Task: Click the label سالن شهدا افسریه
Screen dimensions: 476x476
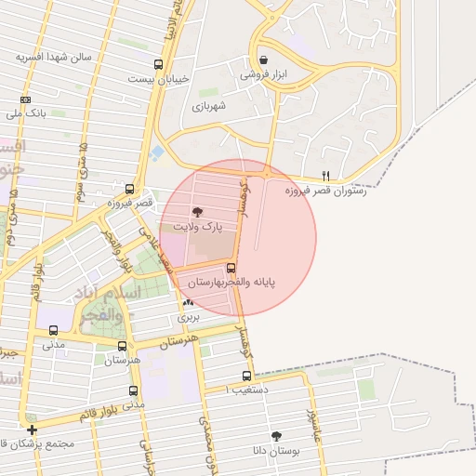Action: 54,57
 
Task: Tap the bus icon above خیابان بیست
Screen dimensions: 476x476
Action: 158,65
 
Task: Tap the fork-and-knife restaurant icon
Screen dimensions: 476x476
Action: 324,175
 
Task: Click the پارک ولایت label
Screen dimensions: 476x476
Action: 194,226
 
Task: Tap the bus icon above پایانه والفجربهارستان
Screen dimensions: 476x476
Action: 231,268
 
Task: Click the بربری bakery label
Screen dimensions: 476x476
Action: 190,317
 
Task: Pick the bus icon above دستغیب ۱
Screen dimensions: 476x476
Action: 246,377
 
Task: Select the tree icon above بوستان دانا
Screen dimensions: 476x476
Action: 276,435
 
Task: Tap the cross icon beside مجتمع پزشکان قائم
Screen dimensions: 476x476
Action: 33,430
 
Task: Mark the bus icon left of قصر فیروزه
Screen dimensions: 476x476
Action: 129,188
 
